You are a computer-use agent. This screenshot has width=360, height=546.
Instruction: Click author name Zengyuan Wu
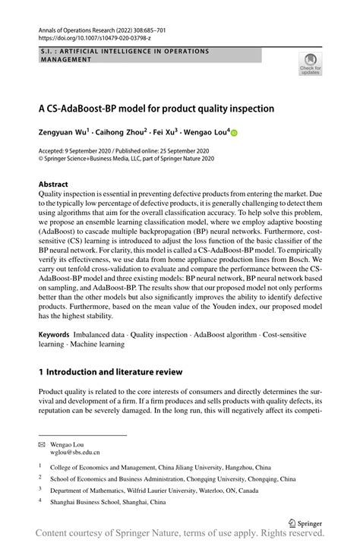[63, 132]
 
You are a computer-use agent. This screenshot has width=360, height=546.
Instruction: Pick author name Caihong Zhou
[121, 132]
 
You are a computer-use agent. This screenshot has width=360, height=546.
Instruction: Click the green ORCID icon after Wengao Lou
[234, 133]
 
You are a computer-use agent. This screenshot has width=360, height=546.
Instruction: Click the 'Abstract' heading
[53, 184]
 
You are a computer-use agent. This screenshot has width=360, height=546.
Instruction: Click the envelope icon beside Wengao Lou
[42, 441]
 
